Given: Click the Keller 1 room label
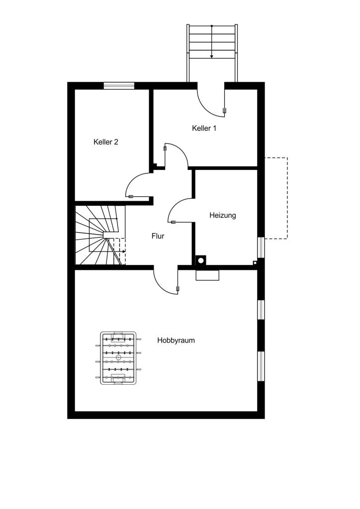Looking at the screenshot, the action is [x=204, y=128].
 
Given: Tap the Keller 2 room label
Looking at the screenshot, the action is [x=105, y=142].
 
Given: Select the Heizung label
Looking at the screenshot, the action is [x=222, y=215].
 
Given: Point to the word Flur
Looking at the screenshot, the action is [x=158, y=236].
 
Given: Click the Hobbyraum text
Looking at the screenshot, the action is [x=176, y=340].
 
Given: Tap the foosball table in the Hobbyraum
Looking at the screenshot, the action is [x=118, y=358].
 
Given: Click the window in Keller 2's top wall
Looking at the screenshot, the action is [x=119, y=85].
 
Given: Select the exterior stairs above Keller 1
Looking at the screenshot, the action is [x=212, y=53].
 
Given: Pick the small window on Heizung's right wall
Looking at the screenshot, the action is [x=262, y=248].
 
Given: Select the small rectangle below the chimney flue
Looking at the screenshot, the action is [x=207, y=275].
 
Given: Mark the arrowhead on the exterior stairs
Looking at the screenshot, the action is [x=212, y=56].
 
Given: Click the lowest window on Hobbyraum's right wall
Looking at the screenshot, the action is [x=262, y=366].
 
